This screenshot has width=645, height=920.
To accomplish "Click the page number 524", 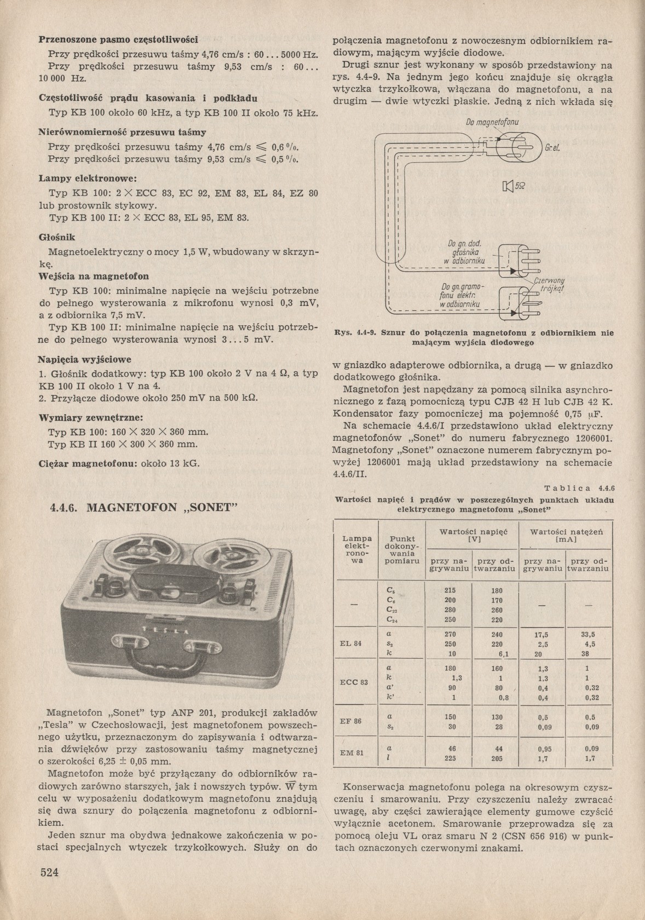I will [49, 873].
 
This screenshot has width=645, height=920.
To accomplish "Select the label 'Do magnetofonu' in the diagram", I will [492, 122].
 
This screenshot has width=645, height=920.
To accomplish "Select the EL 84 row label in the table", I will [350, 643].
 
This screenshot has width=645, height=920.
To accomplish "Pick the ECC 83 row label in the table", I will [353, 682].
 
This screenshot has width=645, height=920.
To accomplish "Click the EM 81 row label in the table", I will [351, 753].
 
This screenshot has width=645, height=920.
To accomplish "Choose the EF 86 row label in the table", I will [350, 721].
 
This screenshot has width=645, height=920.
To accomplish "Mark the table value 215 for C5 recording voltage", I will [450, 591].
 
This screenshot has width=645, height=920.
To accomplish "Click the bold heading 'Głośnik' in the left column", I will [57, 237].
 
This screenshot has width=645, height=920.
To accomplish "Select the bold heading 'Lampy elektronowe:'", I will [80, 179].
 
